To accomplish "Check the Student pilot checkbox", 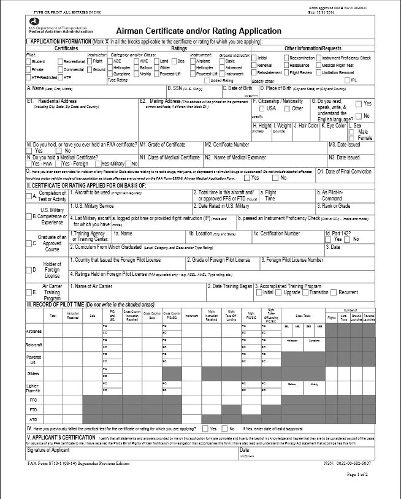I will pos(29,62).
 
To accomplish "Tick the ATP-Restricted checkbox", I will pos(29,78).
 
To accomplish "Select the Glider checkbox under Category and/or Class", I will pos(156,69).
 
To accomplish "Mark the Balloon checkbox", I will pos(136,69).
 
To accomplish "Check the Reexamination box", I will pos(286,58).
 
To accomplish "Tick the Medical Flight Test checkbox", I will pos(318,65).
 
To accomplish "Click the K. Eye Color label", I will pos(334,126).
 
